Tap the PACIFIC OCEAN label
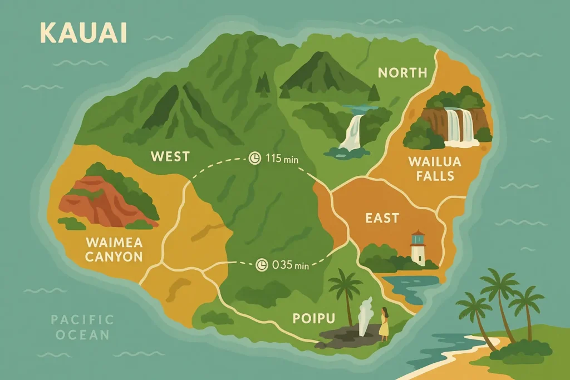coord(82,327)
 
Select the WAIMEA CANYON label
coord(114,250)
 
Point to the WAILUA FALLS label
coord(431,169)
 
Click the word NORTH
coord(402,72)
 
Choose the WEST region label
coord(170,157)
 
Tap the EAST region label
coord(382,218)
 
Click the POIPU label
coord(314,319)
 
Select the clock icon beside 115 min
coord(254,159)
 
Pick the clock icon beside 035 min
coord(261,265)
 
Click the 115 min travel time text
coord(282,159)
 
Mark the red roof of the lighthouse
coord(417,234)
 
